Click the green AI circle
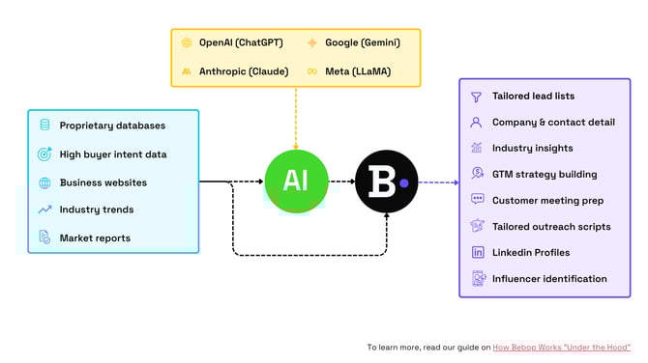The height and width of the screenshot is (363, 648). coord(296,181)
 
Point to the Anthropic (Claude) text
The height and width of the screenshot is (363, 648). coord(243,70)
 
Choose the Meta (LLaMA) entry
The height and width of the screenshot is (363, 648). coord(357,70)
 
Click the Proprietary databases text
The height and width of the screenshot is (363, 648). coord(112,126)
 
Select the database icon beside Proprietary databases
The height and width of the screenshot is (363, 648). coord(44,126)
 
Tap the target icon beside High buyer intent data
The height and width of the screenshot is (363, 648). coord(44,154)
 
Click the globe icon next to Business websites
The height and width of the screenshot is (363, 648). coord(44,181)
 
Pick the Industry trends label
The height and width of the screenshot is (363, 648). coord(97,209)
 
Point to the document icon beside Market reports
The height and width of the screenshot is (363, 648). coord(44,237)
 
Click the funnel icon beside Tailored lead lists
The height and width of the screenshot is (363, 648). coord(477,97)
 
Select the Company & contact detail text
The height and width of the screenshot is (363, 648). coord(552,123)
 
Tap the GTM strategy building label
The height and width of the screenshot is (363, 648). coord(545,175)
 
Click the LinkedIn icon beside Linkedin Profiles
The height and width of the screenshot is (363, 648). coord(477,252)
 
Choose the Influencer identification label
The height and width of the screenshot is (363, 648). coord(549,279)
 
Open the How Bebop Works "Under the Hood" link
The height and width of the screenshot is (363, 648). coord(561,347)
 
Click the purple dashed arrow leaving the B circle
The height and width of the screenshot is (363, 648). coord(439,181)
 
